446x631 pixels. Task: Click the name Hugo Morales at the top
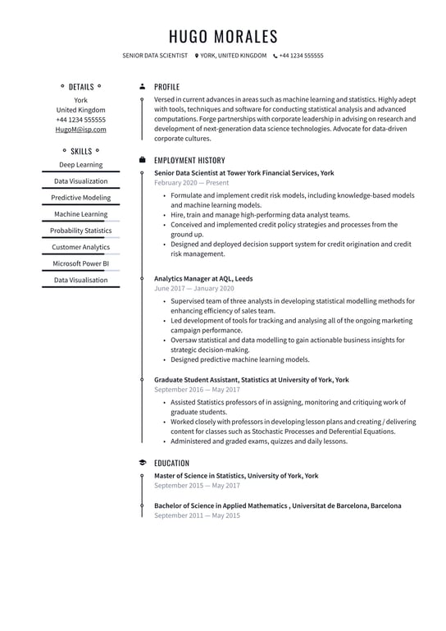[223, 36]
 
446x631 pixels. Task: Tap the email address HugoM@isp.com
[81, 130]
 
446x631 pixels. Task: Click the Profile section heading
[166, 87]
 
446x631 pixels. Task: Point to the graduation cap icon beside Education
[143, 463]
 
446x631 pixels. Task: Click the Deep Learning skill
[81, 165]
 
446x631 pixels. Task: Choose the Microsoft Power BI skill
[81, 263]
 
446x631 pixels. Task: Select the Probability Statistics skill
[81, 231]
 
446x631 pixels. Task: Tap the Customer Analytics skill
[81, 247]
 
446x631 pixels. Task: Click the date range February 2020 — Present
[192, 184]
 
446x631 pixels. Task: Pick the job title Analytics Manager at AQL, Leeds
[203, 278]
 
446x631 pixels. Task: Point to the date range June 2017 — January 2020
[194, 289]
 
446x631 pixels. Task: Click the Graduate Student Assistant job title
[251, 380]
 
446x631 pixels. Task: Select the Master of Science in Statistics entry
[236, 475]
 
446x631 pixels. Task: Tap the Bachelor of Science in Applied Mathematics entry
[277, 505]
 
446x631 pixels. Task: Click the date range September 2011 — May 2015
[197, 516]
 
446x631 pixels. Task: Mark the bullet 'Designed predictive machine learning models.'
[240, 359]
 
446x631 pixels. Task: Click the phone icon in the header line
[275, 56]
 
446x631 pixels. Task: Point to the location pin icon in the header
[197, 56]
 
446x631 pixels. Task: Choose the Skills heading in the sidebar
[81, 152]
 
